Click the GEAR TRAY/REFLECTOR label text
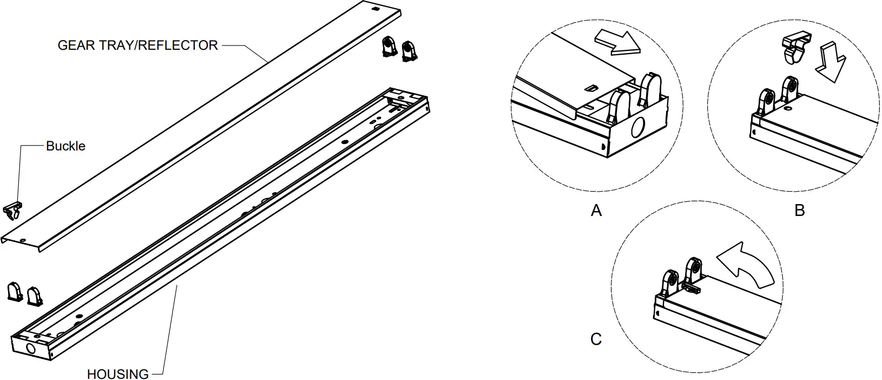[137, 45]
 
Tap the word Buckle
[65, 146]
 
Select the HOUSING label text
[117, 374]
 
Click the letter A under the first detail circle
[596, 211]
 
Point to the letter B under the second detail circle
[799, 211]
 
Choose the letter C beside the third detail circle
[596, 339]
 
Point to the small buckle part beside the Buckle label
[14, 211]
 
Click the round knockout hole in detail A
[637, 128]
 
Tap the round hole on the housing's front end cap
[31, 349]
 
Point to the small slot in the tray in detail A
[591, 87]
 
